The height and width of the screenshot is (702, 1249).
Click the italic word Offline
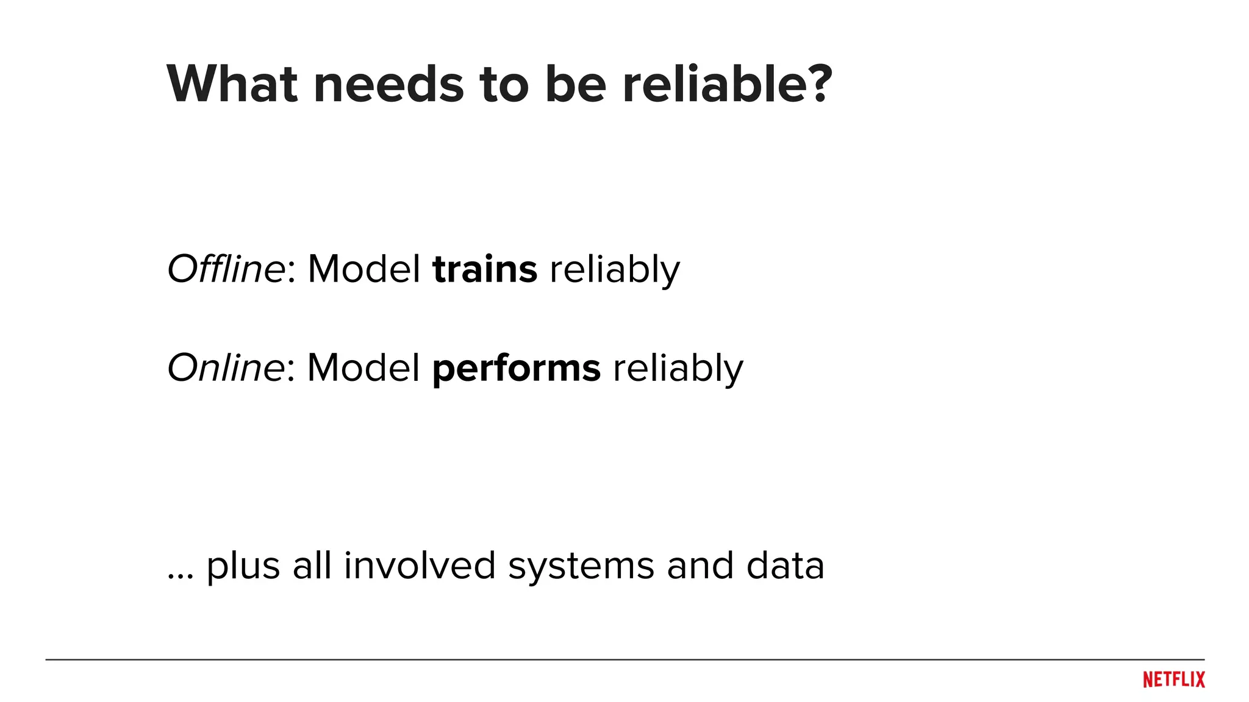[x=226, y=269]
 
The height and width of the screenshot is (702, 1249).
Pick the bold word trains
[x=485, y=269]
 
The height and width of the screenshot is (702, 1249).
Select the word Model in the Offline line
[x=364, y=269]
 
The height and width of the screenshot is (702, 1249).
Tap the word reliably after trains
[x=615, y=270]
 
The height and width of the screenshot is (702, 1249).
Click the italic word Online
[x=225, y=367]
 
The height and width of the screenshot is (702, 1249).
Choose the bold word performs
[x=517, y=369]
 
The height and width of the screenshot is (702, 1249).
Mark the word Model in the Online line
[x=363, y=367]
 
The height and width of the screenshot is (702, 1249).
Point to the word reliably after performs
[x=678, y=369]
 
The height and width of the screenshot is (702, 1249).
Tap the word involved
[x=420, y=565]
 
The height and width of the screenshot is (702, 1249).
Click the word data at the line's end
[x=785, y=565]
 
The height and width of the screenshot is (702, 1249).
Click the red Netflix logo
[x=1174, y=679]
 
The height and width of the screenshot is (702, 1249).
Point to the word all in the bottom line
[x=312, y=565]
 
